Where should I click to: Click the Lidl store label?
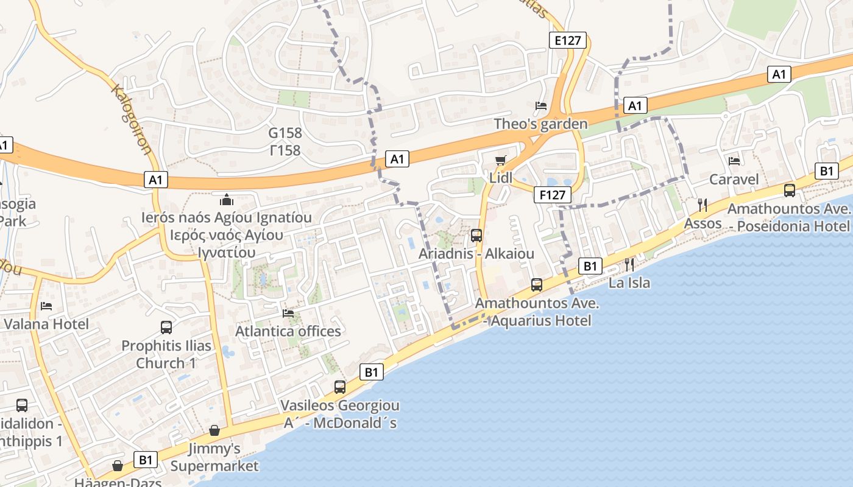[501, 178]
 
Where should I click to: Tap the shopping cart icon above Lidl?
[501, 160]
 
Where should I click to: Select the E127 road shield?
[567, 41]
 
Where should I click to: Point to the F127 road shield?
[553, 195]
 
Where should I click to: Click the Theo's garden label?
[540, 124]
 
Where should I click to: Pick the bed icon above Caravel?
[734, 161]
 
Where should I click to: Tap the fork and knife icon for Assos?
[703, 205]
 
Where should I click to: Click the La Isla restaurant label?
[629, 282]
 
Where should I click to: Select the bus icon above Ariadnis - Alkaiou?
[476, 235]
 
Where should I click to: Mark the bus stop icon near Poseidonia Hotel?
[790, 191]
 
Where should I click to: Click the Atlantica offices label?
[288, 331]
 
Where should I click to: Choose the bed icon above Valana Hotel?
[46, 306]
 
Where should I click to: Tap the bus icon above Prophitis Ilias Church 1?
[166, 328]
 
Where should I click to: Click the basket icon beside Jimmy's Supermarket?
[214, 431]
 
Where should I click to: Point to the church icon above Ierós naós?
[227, 199]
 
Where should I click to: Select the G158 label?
[285, 133]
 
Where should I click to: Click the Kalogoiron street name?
[132, 119]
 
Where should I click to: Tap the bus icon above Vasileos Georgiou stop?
[340, 387]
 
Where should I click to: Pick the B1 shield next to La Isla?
[590, 266]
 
